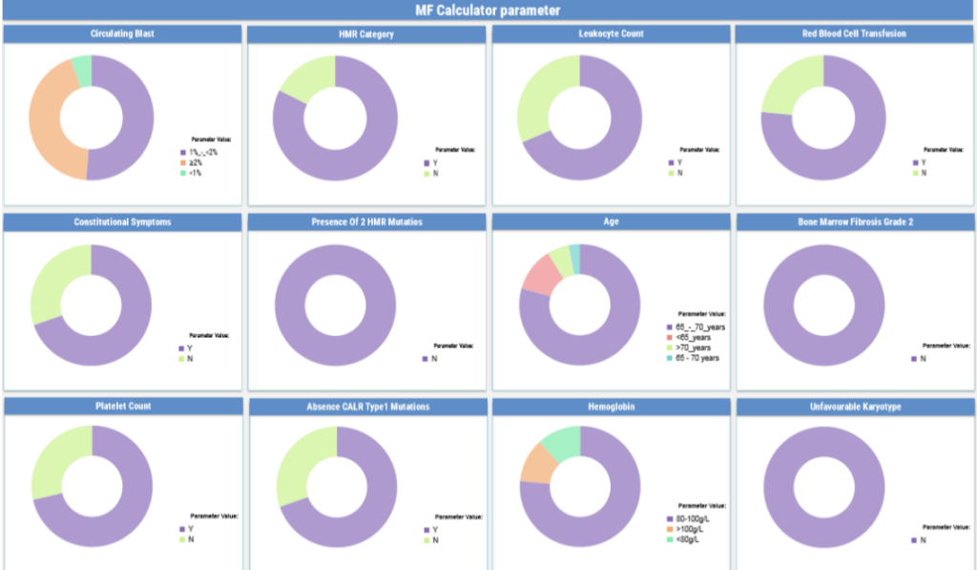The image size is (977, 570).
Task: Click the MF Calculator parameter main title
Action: [488, 11]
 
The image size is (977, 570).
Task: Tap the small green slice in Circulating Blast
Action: [82, 70]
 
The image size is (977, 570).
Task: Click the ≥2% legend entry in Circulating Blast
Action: [196, 162]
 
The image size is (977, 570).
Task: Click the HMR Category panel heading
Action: [365, 34]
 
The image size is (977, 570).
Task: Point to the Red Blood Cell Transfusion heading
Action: [854, 33]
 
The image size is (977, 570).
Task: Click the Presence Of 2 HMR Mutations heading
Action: [366, 222]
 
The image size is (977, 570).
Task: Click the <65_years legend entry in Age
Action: [693, 337]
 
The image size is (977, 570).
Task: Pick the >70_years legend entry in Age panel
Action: [695, 348]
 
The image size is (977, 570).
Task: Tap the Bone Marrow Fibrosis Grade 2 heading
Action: [854, 222]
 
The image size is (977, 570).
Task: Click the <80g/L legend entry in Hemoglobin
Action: [687, 540]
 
